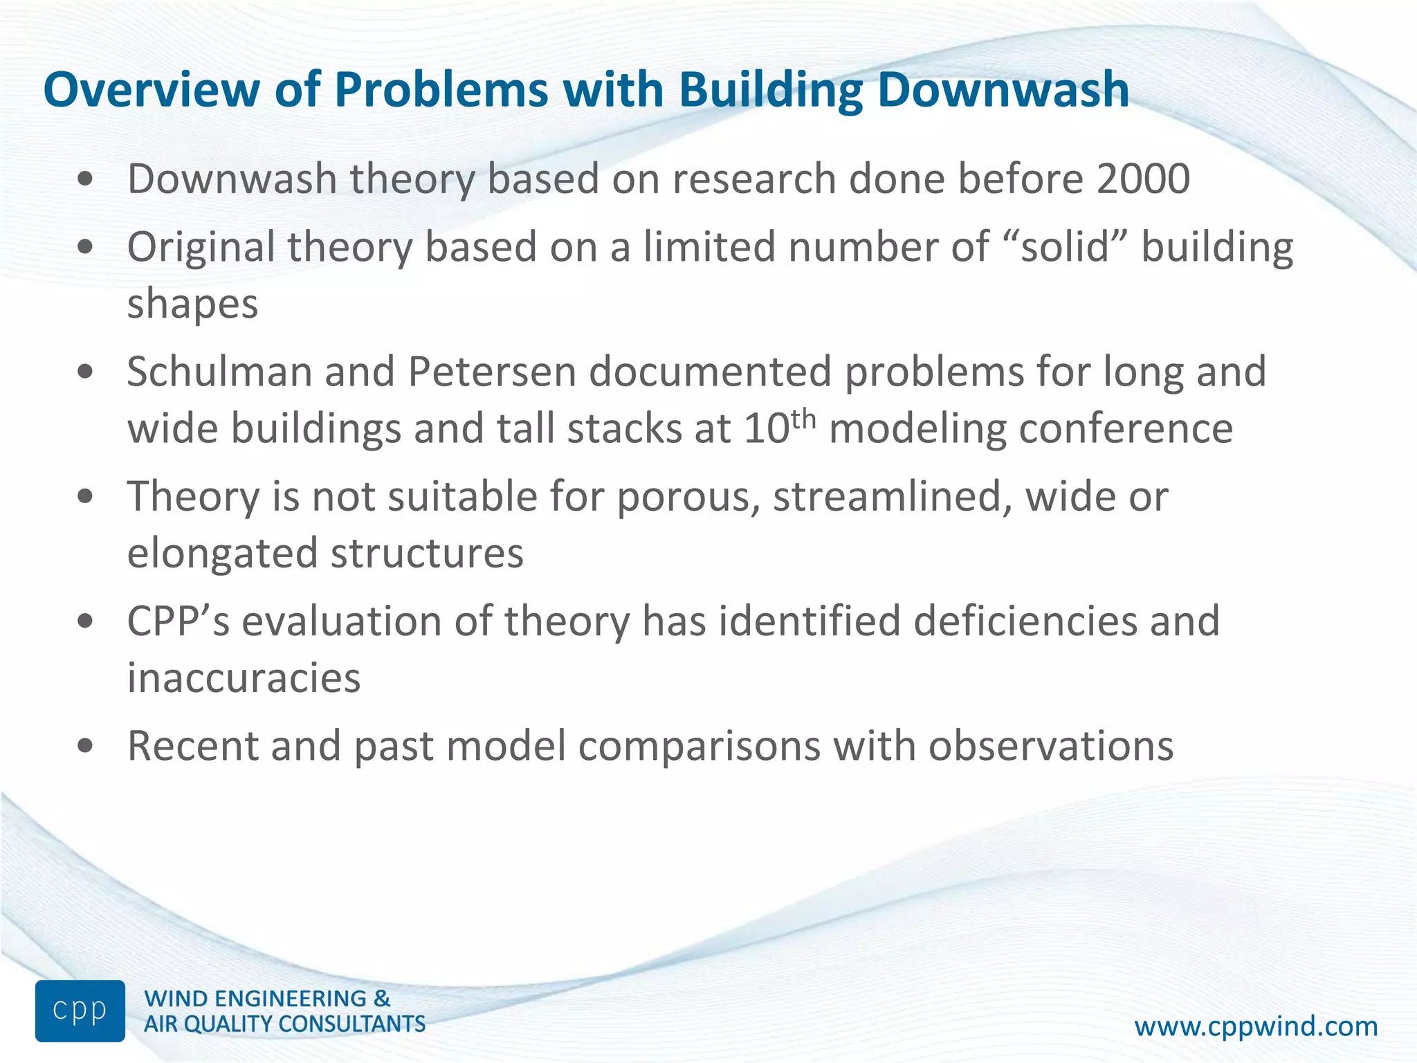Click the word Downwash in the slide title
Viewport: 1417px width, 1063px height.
pyautogui.click(x=1003, y=91)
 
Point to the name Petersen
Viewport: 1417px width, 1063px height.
pyautogui.click(x=492, y=372)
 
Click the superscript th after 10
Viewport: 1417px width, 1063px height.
pyautogui.click(x=803, y=418)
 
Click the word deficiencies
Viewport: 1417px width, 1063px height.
pyautogui.click(x=1025, y=621)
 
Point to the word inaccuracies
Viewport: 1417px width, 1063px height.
pyautogui.click(x=244, y=678)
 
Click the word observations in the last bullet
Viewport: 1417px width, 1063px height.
pyautogui.click(x=1050, y=746)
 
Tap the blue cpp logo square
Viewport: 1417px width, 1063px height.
pyautogui.click(x=80, y=1010)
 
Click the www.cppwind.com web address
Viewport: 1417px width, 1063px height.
pyautogui.click(x=1256, y=1026)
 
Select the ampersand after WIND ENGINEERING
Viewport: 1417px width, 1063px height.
pyautogui.click(x=382, y=999)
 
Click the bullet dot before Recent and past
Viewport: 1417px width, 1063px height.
pyautogui.click(x=85, y=747)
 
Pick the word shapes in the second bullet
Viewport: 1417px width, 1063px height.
pyautogui.click(x=192, y=305)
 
